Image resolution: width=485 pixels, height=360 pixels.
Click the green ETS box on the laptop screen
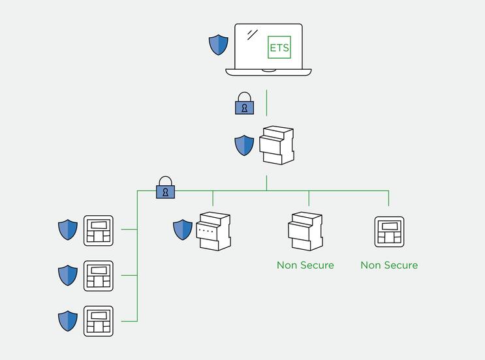click(279, 48)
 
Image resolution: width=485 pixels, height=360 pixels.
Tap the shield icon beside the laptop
click(218, 45)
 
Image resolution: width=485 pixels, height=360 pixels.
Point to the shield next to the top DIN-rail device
click(244, 145)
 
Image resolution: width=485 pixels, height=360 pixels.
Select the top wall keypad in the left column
click(98, 231)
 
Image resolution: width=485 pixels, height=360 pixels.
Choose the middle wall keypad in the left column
click(98, 276)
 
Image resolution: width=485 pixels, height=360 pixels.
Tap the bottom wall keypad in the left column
click(98, 321)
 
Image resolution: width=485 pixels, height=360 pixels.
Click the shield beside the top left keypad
click(68, 230)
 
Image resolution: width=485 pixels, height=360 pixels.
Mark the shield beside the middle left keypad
click(68, 275)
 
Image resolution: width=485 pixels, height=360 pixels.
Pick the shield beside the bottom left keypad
click(68, 321)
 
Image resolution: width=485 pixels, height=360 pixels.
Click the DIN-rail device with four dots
click(214, 231)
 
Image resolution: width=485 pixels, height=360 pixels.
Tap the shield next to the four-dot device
click(183, 230)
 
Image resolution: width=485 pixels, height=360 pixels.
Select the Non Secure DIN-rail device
click(305, 231)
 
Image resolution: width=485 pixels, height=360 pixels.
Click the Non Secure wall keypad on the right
click(389, 231)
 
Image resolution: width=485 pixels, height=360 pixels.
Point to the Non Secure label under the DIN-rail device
click(305, 265)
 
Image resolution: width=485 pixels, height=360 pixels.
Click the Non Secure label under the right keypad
click(389, 265)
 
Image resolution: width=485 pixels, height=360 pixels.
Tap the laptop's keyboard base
click(268, 71)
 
